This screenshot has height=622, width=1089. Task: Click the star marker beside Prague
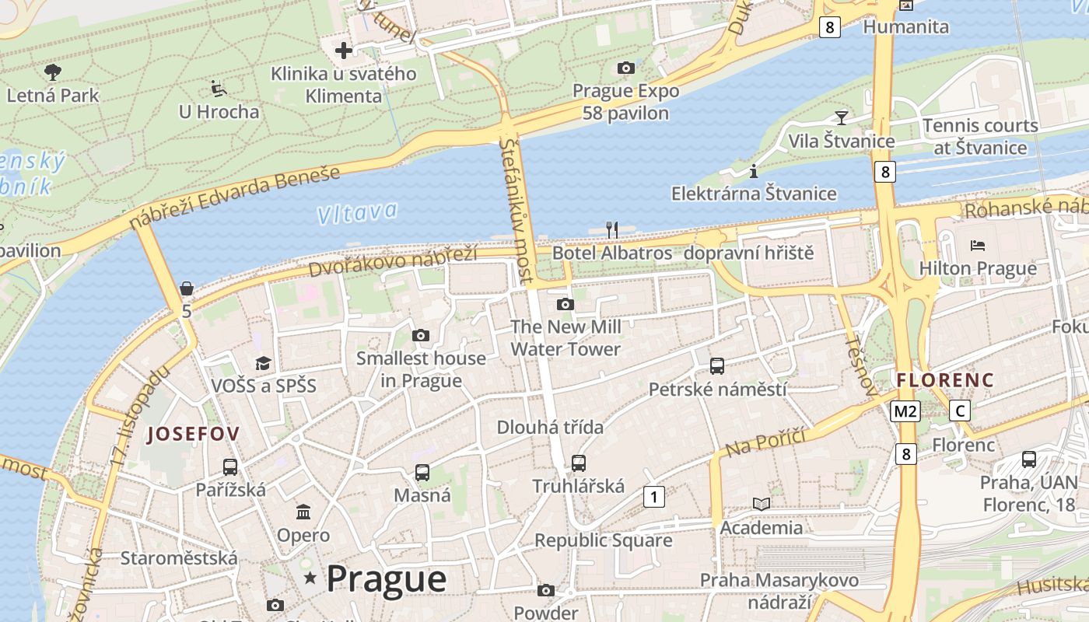tap(310, 578)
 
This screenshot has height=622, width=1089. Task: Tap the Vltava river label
tap(357, 212)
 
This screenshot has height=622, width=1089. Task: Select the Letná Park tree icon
tap(53, 73)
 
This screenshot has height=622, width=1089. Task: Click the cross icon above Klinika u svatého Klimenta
tap(343, 51)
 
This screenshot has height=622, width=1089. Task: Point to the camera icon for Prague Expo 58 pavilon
tap(625, 68)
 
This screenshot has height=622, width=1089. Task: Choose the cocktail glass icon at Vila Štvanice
tap(841, 118)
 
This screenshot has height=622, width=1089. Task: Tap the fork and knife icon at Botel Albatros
tap(612, 229)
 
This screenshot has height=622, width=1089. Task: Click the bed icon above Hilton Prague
tap(978, 246)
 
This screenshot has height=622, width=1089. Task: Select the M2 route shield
tap(905, 411)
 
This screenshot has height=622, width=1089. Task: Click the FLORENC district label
tap(945, 380)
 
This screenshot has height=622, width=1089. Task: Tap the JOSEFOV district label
tap(193, 434)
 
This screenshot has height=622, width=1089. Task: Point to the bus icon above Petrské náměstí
tap(717, 365)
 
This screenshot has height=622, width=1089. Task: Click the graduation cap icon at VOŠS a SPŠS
tap(264, 363)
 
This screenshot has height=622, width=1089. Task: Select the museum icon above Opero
tap(303, 512)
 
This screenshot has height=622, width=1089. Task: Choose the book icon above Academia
tap(761, 505)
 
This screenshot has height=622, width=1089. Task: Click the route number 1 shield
tap(654, 496)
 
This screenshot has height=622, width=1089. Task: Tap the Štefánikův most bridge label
tap(517, 210)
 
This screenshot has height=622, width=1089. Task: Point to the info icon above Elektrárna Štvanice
tap(753, 171)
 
